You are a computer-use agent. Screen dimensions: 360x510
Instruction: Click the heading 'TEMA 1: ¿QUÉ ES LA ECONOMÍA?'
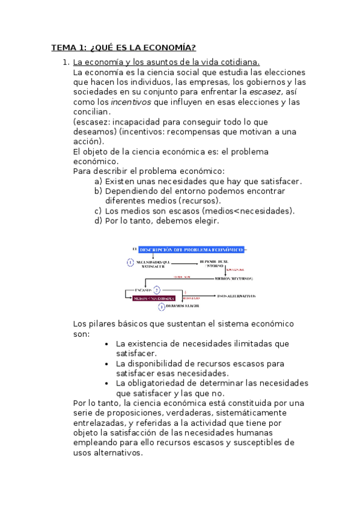point(123,48)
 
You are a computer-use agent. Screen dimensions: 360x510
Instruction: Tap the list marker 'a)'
point(99,182)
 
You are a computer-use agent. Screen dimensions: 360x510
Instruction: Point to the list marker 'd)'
point(99,221)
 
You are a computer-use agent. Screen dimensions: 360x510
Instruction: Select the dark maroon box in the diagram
point(154,298)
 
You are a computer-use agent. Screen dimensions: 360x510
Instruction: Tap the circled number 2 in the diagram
point(157,289)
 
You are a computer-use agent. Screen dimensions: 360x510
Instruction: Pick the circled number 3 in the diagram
point(161,307)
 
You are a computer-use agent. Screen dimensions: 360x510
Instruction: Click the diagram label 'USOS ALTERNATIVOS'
point(236,296)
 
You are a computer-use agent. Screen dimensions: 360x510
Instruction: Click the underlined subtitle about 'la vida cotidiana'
point(166,63)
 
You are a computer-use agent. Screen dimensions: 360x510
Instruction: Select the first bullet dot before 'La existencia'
point(106,344)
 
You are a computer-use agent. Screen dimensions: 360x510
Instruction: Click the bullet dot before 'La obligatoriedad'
point(106,383)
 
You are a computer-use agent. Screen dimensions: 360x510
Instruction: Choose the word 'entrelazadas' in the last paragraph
point(99,423)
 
